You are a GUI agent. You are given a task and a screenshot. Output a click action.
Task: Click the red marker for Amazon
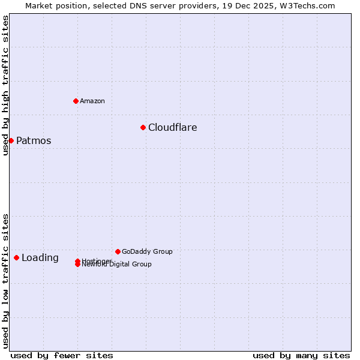pos(76,101)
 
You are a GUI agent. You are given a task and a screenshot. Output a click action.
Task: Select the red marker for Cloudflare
pos(143,127)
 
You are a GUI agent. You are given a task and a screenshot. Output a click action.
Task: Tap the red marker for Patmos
pos(11,140)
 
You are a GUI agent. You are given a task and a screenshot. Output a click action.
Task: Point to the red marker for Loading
pos(16,257)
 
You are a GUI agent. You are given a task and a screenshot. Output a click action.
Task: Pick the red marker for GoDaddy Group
pos(118,251)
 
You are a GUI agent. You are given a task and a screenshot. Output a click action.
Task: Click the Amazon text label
pos(92,101)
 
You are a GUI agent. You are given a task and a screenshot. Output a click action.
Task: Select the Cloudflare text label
pos(173,127)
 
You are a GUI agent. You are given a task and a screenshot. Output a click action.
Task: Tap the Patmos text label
pos(34,141)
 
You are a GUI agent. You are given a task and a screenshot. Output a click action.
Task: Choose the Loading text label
pos(40,258)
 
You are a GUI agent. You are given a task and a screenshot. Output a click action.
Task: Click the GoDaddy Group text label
pos(147,251)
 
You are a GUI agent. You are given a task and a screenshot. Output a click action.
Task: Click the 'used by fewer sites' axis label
pos(62,355)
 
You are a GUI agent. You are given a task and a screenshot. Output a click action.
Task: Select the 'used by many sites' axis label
pos(301,355)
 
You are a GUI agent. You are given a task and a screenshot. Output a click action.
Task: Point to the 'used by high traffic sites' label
pos(5,85)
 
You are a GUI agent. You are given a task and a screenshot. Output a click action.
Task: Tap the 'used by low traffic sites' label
pos(5,280)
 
